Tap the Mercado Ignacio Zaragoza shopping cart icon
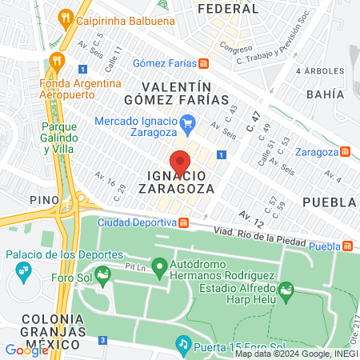(188, 122)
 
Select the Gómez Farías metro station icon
(205, 63)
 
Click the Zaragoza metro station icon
(345, 151)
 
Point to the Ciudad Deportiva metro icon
(183, 222)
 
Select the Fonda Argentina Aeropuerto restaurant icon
(55, 60)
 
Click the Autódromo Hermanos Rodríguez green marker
(159, 266)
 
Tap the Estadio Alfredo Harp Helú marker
(285, 297)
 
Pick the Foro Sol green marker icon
(103, 278)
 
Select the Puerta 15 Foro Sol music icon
(183, 345)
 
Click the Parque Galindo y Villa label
(59, 138)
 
